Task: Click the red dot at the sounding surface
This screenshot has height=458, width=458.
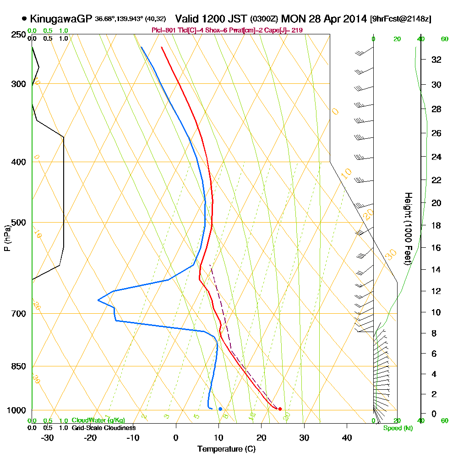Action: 280,409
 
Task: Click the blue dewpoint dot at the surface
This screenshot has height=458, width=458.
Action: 220,409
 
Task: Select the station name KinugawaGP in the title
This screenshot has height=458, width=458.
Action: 61,19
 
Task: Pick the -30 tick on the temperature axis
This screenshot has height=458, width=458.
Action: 48,437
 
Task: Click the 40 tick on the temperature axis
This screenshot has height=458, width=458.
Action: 347,437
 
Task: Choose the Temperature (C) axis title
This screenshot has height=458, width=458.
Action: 226,449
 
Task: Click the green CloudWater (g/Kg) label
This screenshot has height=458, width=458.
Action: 98,420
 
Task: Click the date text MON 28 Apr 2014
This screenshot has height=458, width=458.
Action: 324,19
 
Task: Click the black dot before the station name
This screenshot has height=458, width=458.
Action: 24,19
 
